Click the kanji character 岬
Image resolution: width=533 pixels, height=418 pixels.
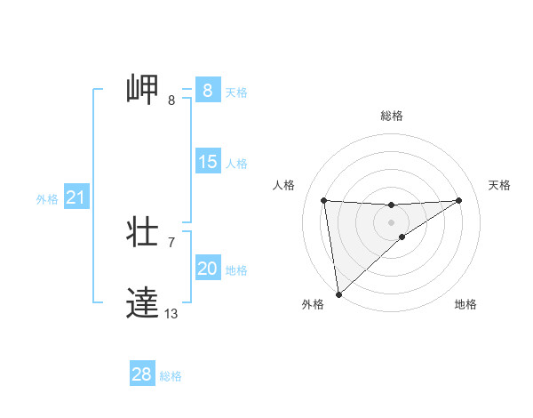click(143, 91)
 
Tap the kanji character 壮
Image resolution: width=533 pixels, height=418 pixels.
click(143, 233)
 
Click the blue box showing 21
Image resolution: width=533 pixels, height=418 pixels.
click(76, 197)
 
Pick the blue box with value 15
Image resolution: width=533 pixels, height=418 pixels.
click(207, 162)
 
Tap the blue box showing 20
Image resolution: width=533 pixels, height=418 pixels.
click(207, 269)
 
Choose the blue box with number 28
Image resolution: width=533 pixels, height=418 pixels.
click(142, 374)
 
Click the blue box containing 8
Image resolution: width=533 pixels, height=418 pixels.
click(207, 91)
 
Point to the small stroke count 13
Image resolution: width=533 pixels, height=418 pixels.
click(171, 313)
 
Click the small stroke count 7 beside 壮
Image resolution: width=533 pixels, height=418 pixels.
click(171, 242)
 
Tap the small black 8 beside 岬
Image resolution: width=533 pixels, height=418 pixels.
click(171, 100)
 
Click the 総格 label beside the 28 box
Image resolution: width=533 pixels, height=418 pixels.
click(171, 376)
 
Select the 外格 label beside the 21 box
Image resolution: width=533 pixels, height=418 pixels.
click(47, 199)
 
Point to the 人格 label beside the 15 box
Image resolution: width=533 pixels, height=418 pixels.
click(236, 164)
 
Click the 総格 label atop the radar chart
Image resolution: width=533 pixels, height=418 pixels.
click(391, 116)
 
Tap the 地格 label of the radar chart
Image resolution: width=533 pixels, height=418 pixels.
click(465, 305)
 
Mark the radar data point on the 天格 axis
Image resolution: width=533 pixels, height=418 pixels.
click(459, 200)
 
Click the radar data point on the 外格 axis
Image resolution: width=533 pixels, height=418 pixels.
click(338, 294)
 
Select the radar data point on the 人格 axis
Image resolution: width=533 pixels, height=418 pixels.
click(324, 200)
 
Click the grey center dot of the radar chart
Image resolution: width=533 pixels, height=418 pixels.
click(391, 221)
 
